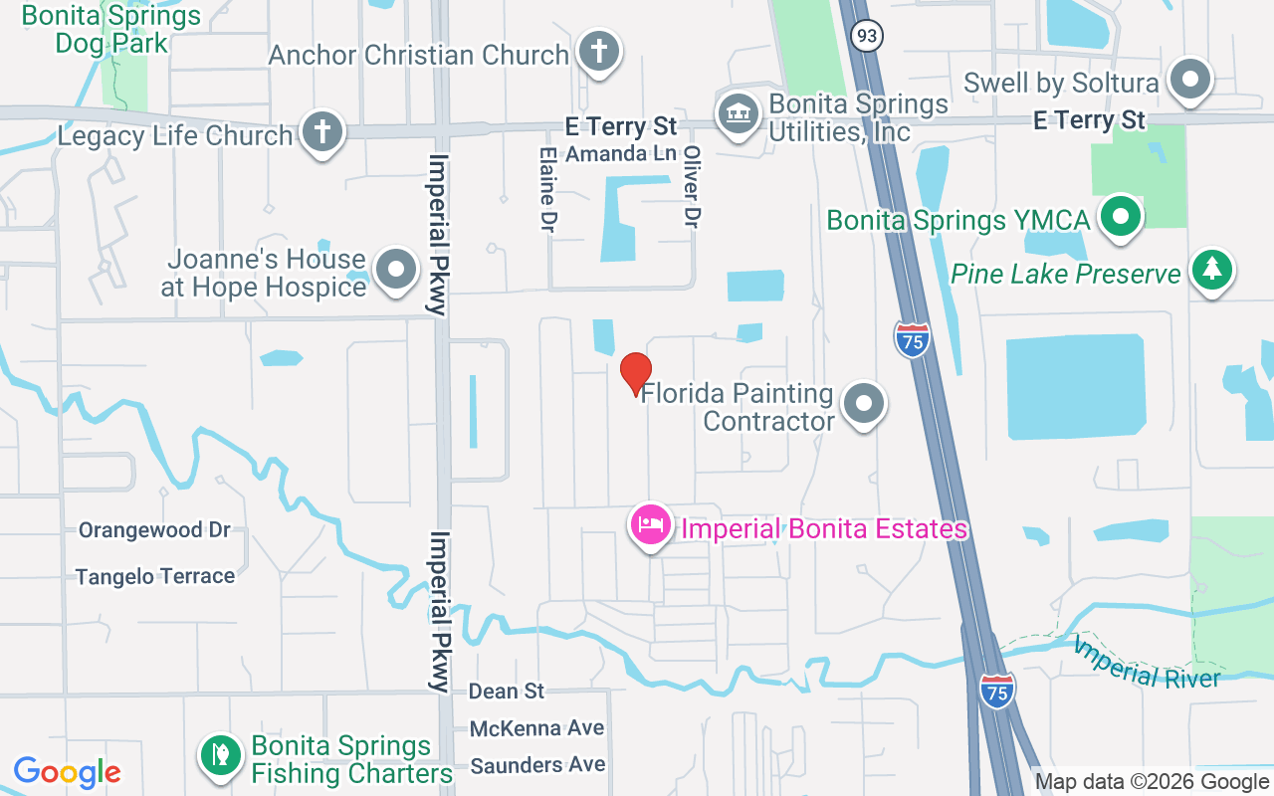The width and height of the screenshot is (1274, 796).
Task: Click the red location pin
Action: coord(636,373)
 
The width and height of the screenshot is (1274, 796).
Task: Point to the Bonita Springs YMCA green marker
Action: coord(1121,216)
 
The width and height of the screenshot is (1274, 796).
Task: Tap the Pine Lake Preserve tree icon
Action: coord(1211,269)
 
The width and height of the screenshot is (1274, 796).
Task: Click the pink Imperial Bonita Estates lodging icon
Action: coord(651,524)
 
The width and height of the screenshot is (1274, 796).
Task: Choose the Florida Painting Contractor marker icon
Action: coord(863,404)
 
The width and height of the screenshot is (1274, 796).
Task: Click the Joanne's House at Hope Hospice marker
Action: coord(396,270)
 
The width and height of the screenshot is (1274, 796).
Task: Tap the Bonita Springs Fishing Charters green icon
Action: coord(220,755)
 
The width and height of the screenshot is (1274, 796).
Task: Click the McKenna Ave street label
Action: coord(536,728)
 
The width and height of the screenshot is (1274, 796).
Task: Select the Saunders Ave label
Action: coord(537,765)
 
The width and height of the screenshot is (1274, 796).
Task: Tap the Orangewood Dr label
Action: coord(154,529)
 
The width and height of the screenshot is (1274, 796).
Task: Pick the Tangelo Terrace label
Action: coord(155,576)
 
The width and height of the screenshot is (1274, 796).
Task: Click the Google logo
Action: coord(68,772)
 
